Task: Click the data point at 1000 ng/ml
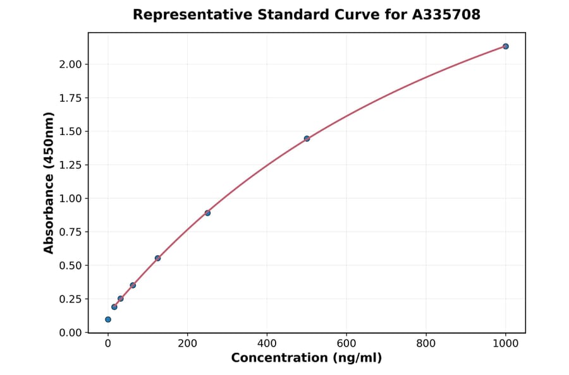click(x=506, y=46)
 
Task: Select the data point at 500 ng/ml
click(x=307, y=139)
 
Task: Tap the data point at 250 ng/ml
click(x=207, y=213)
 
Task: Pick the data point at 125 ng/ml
click(x=157, y=258)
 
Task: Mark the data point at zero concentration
click(x=108, y=319)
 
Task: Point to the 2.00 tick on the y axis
click(x=71, y=64)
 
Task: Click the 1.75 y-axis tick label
click(x=71, y=98)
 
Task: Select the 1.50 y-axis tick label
click(x=71, y=131)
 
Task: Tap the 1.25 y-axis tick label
click(x=71, y=165)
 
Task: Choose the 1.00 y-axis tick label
click(x=71, y=198)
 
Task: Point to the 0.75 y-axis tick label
click(x=71, y=232)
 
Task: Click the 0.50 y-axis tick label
click(x=71, y=265)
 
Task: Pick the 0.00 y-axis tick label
click(x=71, y=333)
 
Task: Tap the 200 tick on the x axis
click(x=187, y=344)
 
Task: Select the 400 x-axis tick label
click(x=267, y=344)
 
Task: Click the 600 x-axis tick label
click(x=346, y=344)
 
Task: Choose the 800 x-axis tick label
click(x=426, y=344)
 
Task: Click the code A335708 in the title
click(x=447, y=15)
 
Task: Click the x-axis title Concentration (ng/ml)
click(x=307, y=358)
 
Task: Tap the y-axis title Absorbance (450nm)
click(x=49, y=182)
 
